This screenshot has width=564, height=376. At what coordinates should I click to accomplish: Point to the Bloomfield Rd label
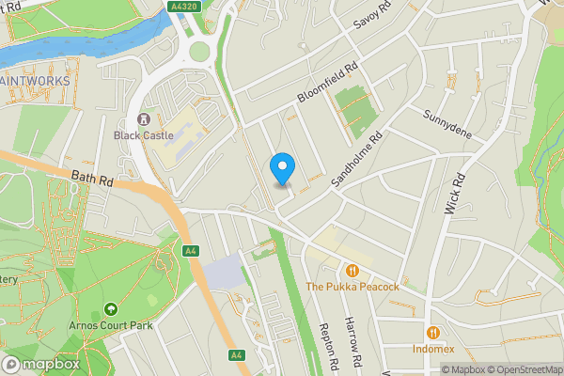click(329, 84)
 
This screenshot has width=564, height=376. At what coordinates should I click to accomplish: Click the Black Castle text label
click(143, 134)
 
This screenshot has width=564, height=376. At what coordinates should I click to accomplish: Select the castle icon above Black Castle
click(143, 118)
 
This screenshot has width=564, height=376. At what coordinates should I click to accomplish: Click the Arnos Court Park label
click(111, 325)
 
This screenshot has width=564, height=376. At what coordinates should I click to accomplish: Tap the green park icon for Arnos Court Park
click(111, 308)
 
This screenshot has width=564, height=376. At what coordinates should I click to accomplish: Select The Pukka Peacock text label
click(352, 287)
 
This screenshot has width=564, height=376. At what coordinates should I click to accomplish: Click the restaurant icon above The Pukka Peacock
click(352, 270)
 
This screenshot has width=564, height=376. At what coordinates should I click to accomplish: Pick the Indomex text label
click(432, 349)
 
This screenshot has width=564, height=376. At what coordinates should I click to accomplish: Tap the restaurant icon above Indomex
click(432, 332)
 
